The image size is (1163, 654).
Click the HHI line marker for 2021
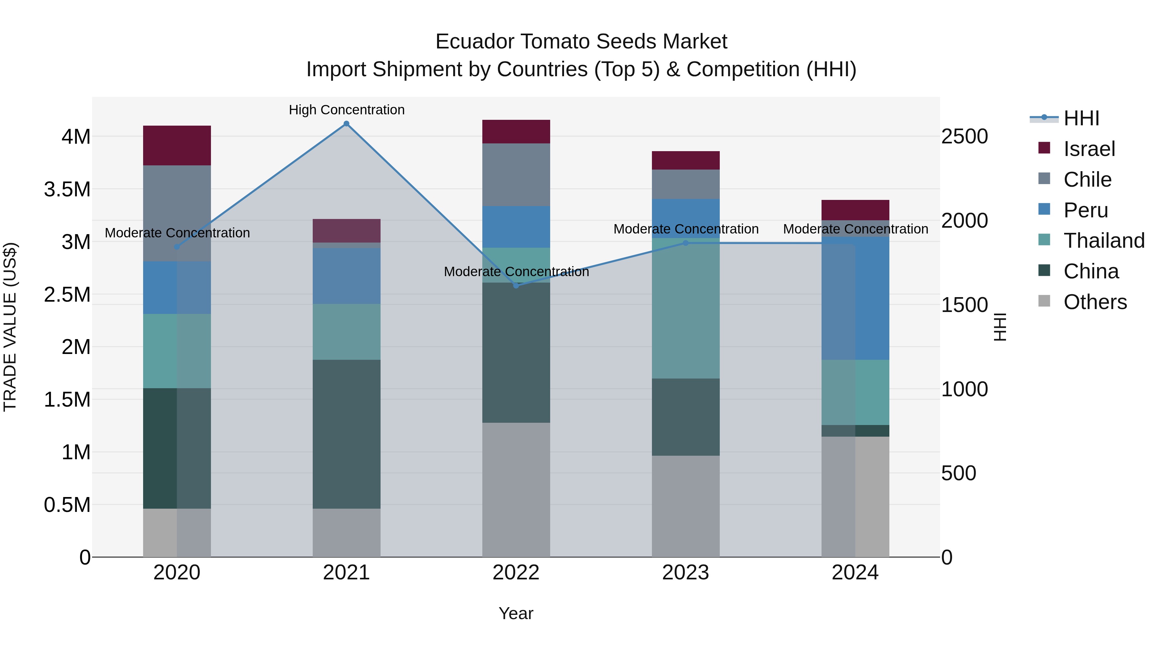click(346, 124)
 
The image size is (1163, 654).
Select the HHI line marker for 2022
click(516, 286)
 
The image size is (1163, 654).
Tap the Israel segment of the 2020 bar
click(177, 145)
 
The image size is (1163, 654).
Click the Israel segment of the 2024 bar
click(855, 210)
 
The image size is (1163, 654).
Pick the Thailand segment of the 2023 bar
click(685, 308)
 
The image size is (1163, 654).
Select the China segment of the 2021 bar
click(346, 434)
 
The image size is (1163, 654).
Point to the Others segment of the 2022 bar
click(516, 490)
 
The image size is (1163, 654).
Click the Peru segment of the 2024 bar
click(855, 298)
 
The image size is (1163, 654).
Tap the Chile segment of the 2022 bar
click(516, 175)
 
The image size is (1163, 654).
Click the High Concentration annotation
click(346, 110)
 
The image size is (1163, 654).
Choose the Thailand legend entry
click(1104, 241)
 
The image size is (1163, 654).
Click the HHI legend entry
click(1081, 118)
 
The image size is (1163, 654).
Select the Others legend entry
click(1095, 302)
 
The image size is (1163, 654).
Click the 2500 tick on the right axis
click(964, 136)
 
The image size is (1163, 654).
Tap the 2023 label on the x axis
click(685, 573)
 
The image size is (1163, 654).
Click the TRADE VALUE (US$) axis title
click(10, 327)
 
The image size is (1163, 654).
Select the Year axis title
click(516, 613)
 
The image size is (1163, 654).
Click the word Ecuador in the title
click(475, 42)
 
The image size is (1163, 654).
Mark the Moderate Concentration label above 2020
click(177, 233)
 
